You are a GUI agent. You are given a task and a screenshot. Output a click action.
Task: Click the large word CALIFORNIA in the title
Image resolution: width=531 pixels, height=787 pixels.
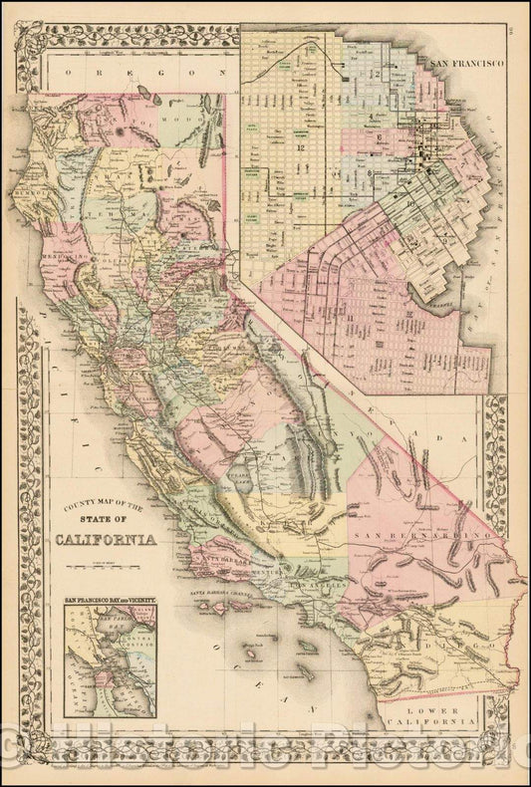[112, 540]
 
